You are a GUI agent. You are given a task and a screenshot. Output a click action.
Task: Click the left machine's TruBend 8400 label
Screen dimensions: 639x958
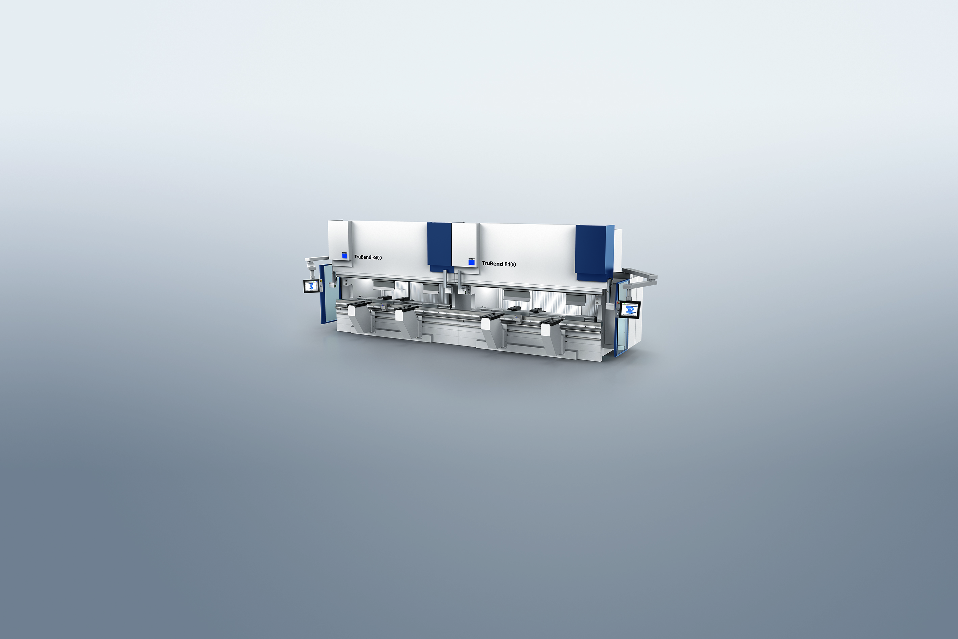(x=368, y=257)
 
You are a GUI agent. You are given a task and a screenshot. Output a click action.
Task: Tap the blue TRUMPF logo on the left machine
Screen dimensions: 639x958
(x=345, y=255)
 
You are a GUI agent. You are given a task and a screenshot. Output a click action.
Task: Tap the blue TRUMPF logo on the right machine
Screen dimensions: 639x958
(x=472, y=262)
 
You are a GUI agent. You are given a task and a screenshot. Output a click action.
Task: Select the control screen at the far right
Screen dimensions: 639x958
(x=630, y=310)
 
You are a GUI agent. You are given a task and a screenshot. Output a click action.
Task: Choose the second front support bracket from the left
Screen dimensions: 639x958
(x=407, y=322)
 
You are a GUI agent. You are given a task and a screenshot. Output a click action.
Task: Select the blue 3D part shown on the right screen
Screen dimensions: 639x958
(x=631, y=309)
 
